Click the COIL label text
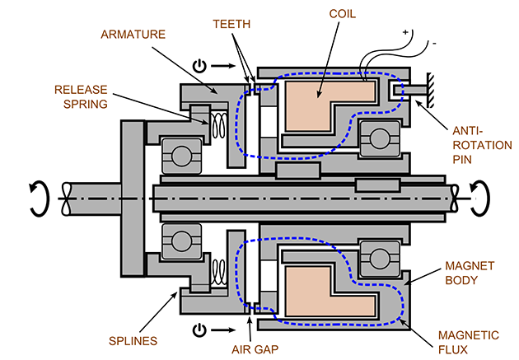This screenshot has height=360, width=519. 342,14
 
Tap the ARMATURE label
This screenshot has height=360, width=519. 133,35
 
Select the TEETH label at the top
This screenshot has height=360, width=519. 231,24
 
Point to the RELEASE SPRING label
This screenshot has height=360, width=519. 81,96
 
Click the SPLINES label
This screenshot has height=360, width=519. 133,341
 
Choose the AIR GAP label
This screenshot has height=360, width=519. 255,349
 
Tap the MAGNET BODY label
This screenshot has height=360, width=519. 470,273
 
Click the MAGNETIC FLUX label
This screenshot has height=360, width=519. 469,342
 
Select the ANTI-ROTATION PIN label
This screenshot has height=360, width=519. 482,145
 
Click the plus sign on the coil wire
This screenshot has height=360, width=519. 405,32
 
